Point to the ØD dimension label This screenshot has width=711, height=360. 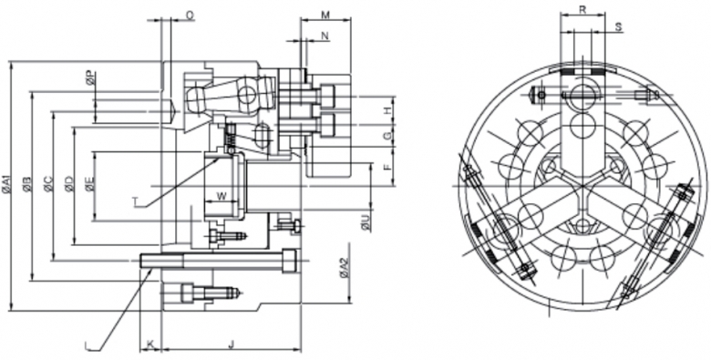(x=69, y=183)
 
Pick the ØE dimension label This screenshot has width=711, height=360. (x=90, y=183)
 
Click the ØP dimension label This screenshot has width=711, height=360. (x=90, y=78)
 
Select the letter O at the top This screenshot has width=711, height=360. (x=190, y=15)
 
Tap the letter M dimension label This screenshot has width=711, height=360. (x=325, y=15)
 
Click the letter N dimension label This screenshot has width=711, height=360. (x=325, y=36)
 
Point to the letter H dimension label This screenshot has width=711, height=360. (x=386, y=110)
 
